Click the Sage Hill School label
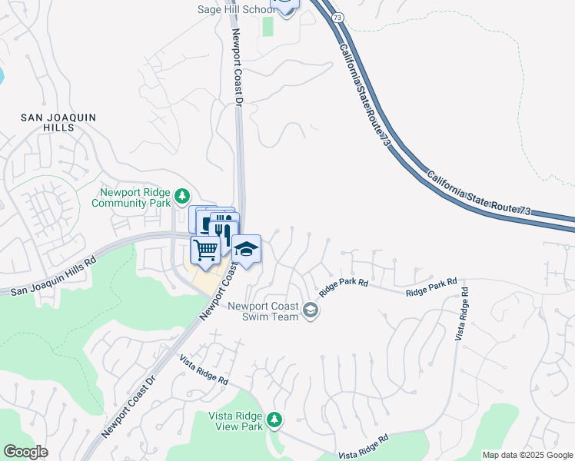pyautogui.click(x=235, y=9)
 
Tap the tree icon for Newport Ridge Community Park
pyautogui.click(x=182, y=194)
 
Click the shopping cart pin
pyautogui.click(x=205, y=250)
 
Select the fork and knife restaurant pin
pyautogui.click(x=224, y=230)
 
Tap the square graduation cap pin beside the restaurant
pyautogui.click(x=247, y=250)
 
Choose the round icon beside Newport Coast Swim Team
pyautogui.click(x=311, y=310)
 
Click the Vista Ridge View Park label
pyautogui.click(x=236, y=421)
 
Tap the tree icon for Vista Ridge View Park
pyautogui.click(x=275, y=420)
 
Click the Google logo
pyautogui.click(x=25, y=452)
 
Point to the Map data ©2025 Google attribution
pyautogui.click(x=527, y=455)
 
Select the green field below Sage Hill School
pyautogui.click(x=268, y=26)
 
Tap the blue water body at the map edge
pyautogui.click(x=2, y=75)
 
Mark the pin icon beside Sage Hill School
pyautogui.click(x=284, y=6)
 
